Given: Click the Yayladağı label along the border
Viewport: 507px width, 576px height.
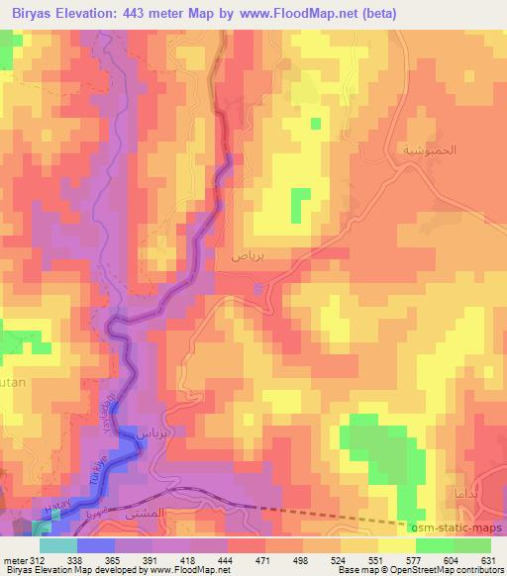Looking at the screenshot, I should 112,412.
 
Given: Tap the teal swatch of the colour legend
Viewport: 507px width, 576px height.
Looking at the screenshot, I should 58,545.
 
